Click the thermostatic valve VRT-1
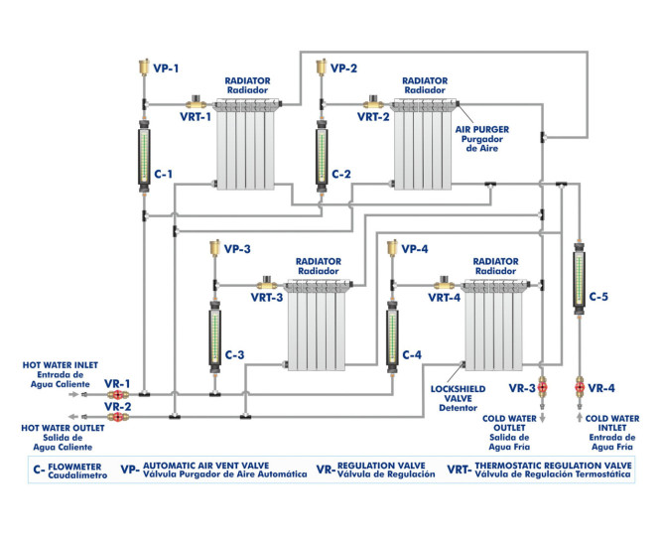click(x=195, y=102)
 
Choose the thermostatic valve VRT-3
click(x=266, y=283)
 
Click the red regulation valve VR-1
click(x=116, y=394)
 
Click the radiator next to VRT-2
click(x=425, y=144)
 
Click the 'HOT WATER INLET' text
click(x=58, y=366)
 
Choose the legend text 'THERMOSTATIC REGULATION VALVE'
click(x=553, y=465)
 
